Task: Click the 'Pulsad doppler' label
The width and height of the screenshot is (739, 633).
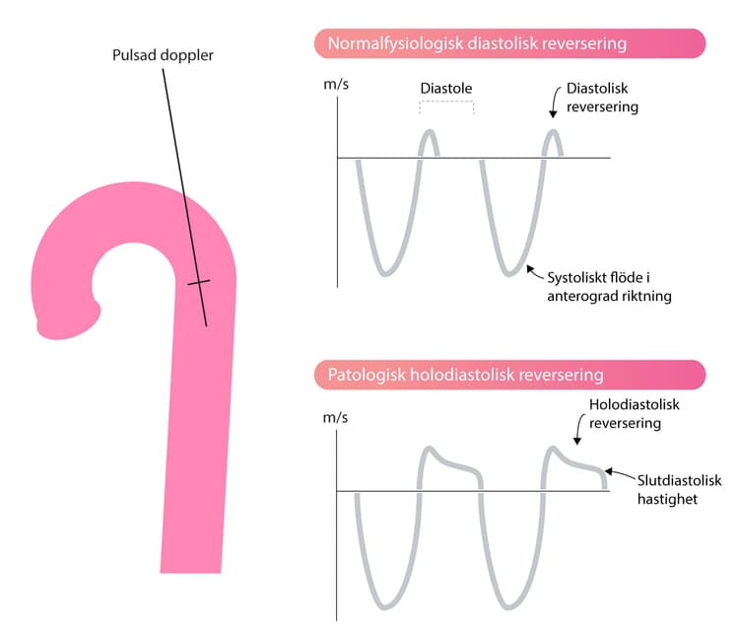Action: click(163, 55)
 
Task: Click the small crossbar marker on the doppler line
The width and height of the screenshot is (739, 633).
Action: click(199, 282)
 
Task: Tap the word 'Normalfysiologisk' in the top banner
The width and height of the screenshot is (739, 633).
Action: click(394, 43)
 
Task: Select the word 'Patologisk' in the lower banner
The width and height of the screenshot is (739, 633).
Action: click(367, 375)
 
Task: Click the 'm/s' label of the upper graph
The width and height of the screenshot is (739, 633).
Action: click(336, 85)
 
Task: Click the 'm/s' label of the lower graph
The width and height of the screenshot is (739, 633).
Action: click(335, 417)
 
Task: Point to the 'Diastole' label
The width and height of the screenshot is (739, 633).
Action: click(445, 88)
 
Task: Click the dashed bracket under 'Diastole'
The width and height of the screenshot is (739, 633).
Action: click(446, 103)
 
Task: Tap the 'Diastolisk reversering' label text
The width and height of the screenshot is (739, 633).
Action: click(602, 98)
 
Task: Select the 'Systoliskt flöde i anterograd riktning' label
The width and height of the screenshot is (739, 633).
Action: click(609, 287)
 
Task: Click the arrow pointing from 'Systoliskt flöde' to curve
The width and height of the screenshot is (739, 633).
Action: click(534, 272)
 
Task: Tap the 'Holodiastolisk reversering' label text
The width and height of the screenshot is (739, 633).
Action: click(634, 414)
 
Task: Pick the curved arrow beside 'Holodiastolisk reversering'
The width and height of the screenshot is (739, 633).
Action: click(578, 429)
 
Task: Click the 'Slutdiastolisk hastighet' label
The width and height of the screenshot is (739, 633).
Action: click(679, 490)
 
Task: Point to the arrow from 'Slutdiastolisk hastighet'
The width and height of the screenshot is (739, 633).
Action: click(620, 473)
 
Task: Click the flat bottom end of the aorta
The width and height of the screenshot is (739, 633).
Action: click(190, 572)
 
